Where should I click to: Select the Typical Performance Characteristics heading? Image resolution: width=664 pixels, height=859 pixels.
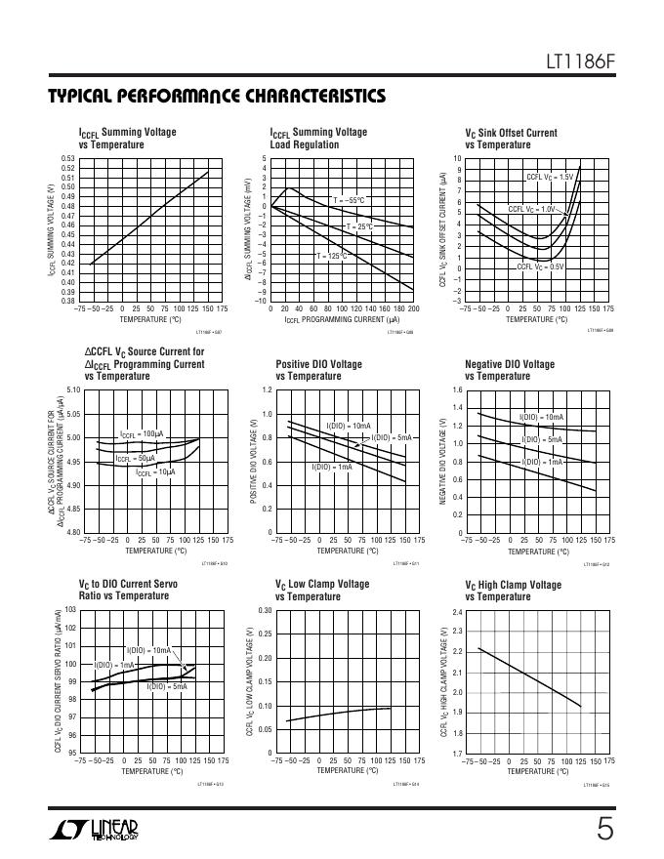click(x=216, y=97)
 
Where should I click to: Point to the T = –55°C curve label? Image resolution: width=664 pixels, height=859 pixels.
click(x=349, y=200)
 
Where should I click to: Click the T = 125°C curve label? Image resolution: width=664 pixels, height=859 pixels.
click(x=330, y=256)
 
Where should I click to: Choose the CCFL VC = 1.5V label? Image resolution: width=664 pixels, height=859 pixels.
click(x=550, y=177)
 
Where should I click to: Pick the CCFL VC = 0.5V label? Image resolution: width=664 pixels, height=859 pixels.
click(x=541, y=266)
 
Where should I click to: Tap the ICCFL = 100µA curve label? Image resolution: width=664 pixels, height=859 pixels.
click(x=142, y=433)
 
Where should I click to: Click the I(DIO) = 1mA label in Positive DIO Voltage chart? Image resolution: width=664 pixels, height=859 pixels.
click(x=332, y=467)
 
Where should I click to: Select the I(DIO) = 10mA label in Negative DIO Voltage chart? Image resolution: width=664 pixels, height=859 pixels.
click(x=542, y=417)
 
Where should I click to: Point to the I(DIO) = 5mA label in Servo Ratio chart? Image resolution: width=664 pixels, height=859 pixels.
click(x=167, y=687)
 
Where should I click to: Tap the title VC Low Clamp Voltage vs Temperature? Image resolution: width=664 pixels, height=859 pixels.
click(x=322, y=591)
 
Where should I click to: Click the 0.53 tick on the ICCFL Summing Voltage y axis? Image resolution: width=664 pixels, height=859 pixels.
click(x=68, y=158)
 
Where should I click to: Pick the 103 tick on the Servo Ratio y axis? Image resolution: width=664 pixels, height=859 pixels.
click(x=70, y=610)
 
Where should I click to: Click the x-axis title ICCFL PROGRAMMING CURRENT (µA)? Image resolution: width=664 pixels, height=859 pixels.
click(x=342, y=319)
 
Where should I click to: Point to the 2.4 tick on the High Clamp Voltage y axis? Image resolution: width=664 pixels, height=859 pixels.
click(x=457, y=612)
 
